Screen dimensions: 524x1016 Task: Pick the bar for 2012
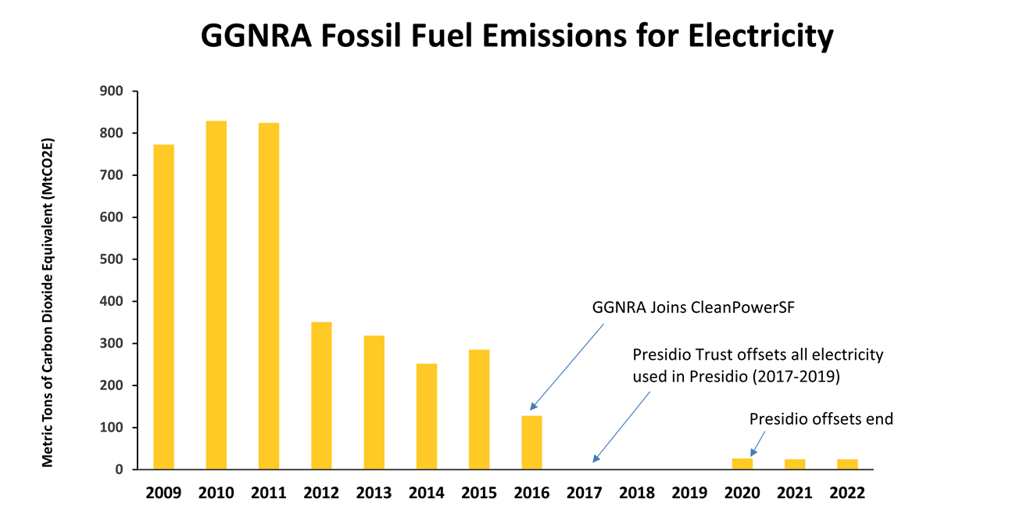pos(321,395)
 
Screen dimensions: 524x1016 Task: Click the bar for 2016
pos(531,442)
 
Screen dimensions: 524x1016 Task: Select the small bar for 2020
pos(742,463)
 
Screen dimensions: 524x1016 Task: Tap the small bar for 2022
pos(847,464)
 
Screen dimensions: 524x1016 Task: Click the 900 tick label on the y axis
pos(112,92)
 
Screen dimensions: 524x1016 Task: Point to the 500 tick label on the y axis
pos(112,260)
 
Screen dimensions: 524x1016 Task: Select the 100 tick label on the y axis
pos(112,428)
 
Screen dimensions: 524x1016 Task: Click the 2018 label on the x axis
pos(637,493)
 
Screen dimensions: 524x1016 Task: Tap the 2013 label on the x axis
pos(374,493)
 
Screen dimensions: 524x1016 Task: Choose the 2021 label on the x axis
pos(795,493)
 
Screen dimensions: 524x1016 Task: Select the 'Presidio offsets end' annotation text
pos(821,419)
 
